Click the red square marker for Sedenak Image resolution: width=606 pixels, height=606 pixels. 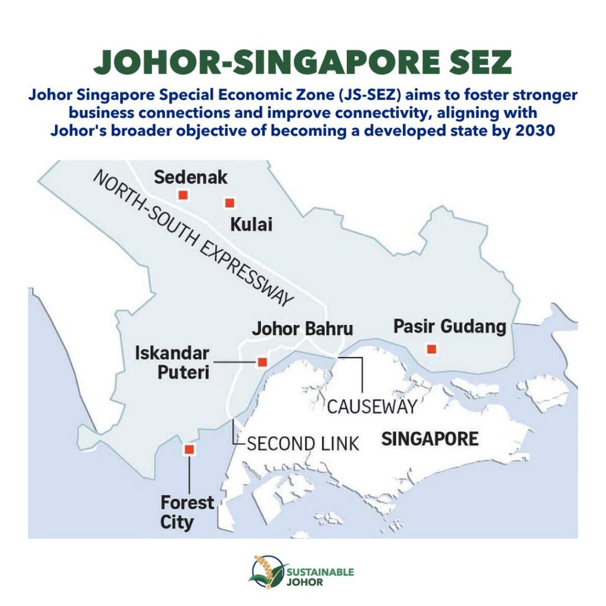(x=183, y=195)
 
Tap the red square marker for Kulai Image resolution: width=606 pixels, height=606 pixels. (x=230, y=203)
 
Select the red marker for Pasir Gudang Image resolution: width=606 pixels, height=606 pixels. (x=431, y=349)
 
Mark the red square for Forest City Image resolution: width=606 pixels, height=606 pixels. (x=189, y=450)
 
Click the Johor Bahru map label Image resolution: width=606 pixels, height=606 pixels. (x=302, y=329)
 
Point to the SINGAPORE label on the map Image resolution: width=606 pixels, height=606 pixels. (x=430, y=440)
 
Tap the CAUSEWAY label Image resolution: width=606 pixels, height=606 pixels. (x=372, y=407)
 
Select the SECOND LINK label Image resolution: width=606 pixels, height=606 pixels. (x=303, y=443)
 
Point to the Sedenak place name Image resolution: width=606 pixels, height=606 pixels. (x=191, y=177)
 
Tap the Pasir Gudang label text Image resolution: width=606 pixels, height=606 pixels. (x=450, y=326)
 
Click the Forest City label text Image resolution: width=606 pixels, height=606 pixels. (x=187, y=512)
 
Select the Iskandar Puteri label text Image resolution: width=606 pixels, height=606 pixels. (x=172, y=363)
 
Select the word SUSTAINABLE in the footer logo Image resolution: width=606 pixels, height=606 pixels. (x=320, y=572)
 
